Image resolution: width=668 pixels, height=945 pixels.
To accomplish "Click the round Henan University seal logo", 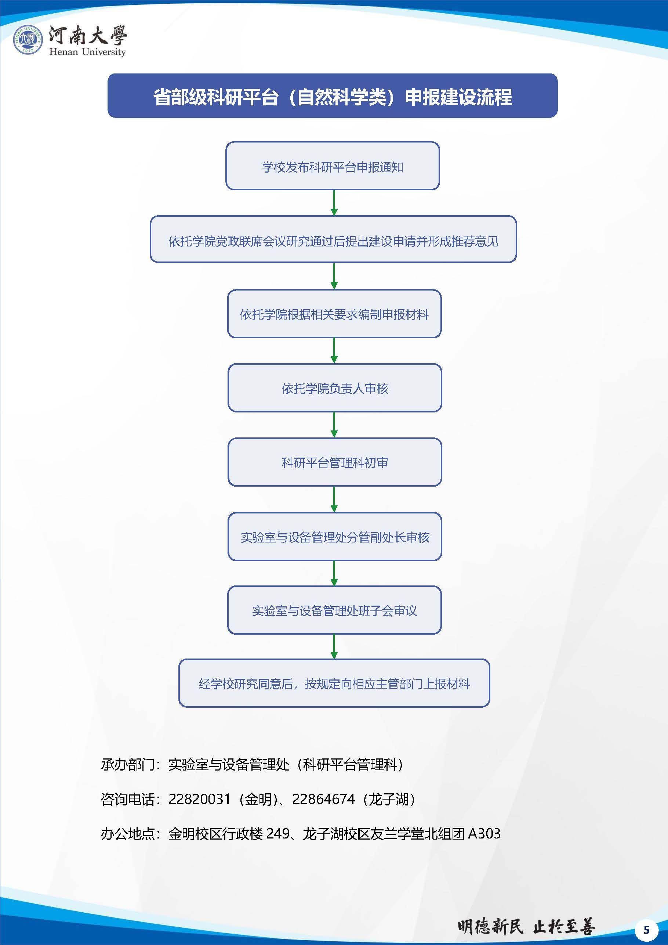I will [28, 40].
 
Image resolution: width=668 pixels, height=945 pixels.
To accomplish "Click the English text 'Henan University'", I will [87, 52].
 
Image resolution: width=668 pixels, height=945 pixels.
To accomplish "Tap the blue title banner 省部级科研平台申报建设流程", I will [333, 96].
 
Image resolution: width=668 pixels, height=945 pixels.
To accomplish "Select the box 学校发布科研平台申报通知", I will [333, 166].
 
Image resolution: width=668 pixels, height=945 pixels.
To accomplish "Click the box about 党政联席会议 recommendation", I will [333, 239].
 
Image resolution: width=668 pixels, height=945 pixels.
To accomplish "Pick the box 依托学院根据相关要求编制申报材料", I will [334, 314].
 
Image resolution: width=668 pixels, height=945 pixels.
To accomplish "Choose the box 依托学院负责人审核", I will [334, 388].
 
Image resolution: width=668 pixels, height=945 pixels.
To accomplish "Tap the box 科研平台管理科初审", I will [334, 462].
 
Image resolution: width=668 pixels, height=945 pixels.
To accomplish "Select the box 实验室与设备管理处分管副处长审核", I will [334, 536].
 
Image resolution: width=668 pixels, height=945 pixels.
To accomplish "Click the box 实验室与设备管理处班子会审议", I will [334, 610].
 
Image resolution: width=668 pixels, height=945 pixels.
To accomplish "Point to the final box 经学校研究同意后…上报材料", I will [334, 683].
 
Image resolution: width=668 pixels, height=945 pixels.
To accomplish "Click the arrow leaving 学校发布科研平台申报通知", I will [334, 202].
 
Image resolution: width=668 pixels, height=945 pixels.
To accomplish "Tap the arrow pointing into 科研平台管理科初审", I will [334, 425].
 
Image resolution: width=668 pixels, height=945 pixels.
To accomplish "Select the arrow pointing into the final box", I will [334, 647].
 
